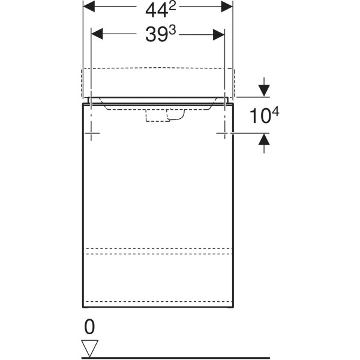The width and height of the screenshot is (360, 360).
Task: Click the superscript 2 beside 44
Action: click(x=172, y=7)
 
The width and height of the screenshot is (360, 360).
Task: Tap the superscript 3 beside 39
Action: click(x=172, y=31)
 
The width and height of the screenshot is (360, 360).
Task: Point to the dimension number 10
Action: click(x=260, y=116)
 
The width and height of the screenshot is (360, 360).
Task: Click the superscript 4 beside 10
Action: click(x=275, y=113)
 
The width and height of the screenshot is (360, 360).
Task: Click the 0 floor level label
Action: click(x=89, y=327)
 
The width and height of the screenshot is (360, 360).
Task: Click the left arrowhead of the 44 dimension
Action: click(x=89, y=7)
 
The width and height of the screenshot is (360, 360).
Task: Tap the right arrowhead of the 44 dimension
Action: click(x=227, y=7)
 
